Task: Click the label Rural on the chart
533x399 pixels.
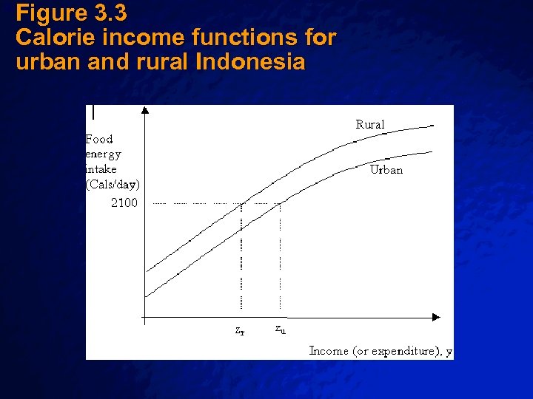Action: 370,125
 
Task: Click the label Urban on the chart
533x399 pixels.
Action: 386,170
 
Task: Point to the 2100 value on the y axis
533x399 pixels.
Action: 124,202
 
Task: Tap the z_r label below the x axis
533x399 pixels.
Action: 240,331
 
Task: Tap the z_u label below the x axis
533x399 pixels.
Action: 281,329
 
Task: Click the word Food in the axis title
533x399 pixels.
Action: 99,139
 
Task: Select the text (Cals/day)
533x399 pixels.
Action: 113,184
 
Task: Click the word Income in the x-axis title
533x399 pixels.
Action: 329,350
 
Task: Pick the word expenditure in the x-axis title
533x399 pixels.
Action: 406,351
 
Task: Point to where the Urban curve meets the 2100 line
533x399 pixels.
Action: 282,202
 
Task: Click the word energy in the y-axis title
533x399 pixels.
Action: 103,154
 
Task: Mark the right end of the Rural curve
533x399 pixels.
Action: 432,126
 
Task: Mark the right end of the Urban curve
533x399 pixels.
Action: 431,152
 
